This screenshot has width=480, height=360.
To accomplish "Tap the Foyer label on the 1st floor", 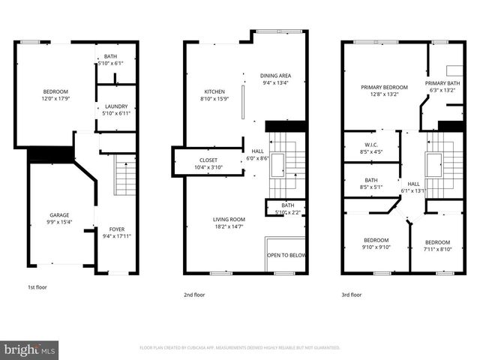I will click(x=117, y=230).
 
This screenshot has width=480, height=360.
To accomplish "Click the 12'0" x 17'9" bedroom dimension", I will click(x=54, y=98).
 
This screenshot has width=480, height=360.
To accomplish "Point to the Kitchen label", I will click(x=214, y=91).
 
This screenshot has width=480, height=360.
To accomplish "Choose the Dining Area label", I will click(x=275, y=76).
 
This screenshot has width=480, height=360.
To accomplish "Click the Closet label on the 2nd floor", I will click(x=208, y=160).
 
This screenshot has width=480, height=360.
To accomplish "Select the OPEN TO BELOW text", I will click(x=287, y=255).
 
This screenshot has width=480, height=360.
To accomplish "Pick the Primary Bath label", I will click(x=442, y=83).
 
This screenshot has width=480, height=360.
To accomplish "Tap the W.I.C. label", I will click(x=370, y=145).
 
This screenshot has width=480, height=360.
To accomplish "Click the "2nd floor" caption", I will click(x=194, y=295).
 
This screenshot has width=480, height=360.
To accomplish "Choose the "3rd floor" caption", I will click(x=351, y=295).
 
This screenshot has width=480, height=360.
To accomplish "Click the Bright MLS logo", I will click(x=30, y=349).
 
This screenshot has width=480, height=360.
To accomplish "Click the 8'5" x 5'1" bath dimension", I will click(x=370, y=187).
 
